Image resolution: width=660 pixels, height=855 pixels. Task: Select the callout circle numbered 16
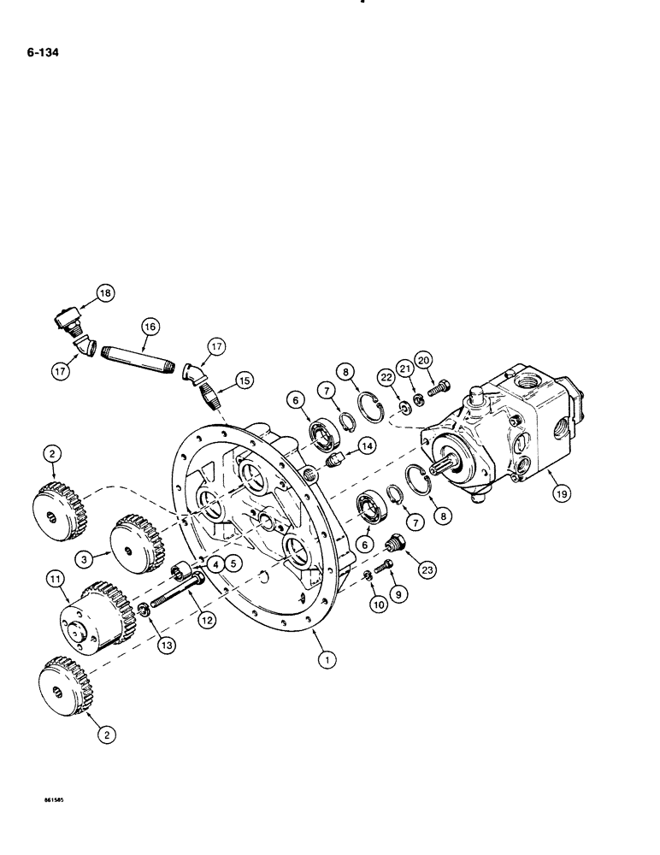click(x=150, y=327)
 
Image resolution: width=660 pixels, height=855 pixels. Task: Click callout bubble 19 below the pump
click(x=551, y=493)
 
